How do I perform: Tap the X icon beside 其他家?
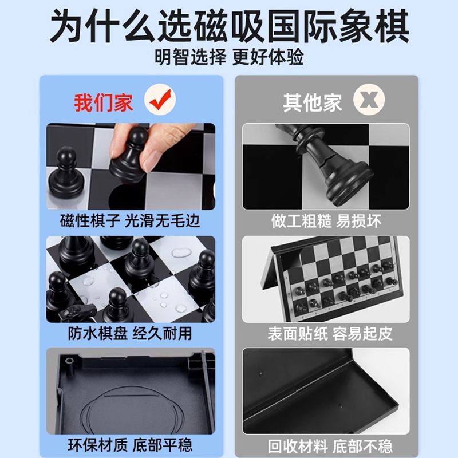(x=369, y=99)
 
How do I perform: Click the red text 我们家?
(x=104, y=102)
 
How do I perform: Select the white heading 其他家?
(x=313, y=102)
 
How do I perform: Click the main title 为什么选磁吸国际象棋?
(x=230, y=26)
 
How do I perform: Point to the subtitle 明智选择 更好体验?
(x=230, y=57)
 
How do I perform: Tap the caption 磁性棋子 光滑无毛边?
(x=130, y=220)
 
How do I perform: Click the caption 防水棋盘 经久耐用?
(x=130, y=333)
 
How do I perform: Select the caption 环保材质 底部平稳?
(x=130, y=445)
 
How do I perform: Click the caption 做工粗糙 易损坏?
(x=326, y=221)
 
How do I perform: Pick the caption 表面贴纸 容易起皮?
(x=330, y=334)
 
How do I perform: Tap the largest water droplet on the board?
(x=180, y=252)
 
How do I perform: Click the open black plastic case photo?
(x=326, y=391)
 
